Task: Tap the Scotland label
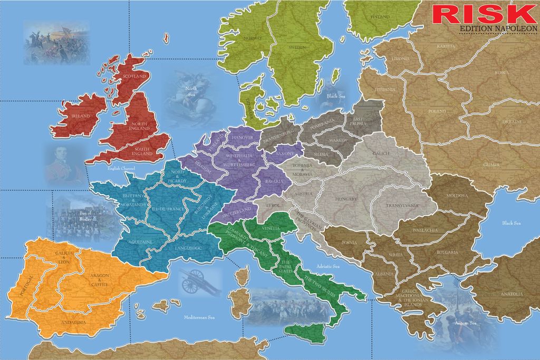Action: click(134, 76)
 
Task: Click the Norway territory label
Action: click(253, 38)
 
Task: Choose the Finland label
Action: click(380, 17)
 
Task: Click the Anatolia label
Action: click(512, 294)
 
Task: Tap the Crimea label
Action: click(491, 165)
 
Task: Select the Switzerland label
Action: click(237, 213)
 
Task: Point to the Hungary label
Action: click(346, 199)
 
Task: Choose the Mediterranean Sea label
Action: click(199, 318)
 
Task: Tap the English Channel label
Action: click(122, 168)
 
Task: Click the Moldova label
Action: click(457, 196)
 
